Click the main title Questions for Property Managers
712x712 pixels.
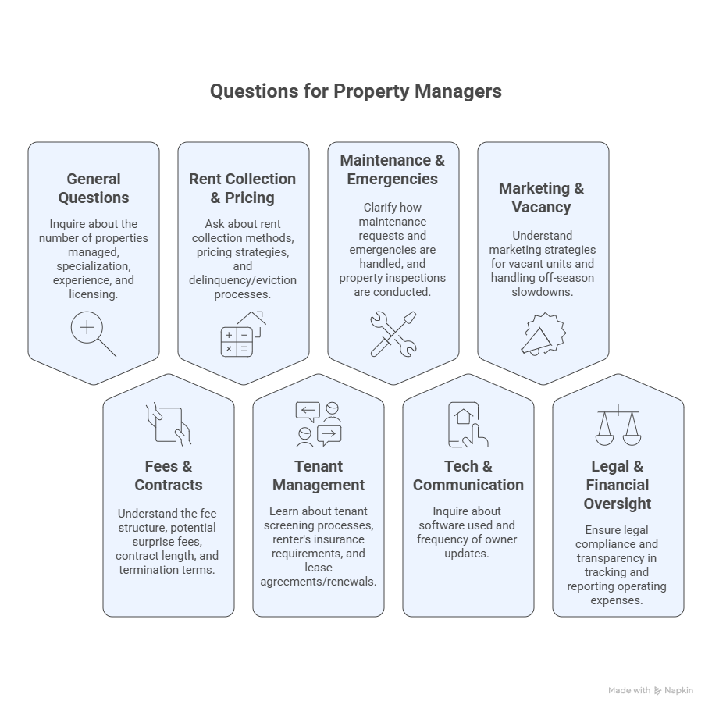pyautogui.click(x=355, y=91)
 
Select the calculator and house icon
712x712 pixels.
pyautogui.click(x=243, y=334)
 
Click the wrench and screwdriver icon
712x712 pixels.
pyautogui.click(x=393, y=334)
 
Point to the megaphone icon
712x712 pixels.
pyautogui.click(x=543, y=334)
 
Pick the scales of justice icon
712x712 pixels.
pyautogui.click(x=618, y=425)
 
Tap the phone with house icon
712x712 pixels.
pyautogui.click(x=468, y=425)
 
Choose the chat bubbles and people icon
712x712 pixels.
pyautogui.click(x=319, y=425)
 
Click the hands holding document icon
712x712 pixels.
pyautogui.click(x=169, y=425)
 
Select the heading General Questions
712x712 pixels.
pyautogui.click(x=94, y=188)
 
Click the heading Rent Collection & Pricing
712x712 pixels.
pyautogui.click(x=243, y=188)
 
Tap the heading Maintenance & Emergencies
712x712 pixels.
pyautogui.click(x=393, y=169)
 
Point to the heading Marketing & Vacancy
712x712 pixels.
pyautogui.click(x=541, y=198)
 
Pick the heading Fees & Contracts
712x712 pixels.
pyautogui.click(x=169, y=475)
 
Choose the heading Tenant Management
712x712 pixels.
pyautogui.click(x=319, y=475)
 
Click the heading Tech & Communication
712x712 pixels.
pyautogui.click(x=468, y=475)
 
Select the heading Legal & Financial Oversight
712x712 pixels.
pyautogui.click(x=618, y=485)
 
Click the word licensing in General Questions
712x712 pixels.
pyautogui.click(x=93, y=294)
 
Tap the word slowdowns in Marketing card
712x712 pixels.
pyautogui.click(x=542, y=291)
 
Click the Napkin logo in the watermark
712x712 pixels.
pyautogui.click(x=658, y=691)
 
